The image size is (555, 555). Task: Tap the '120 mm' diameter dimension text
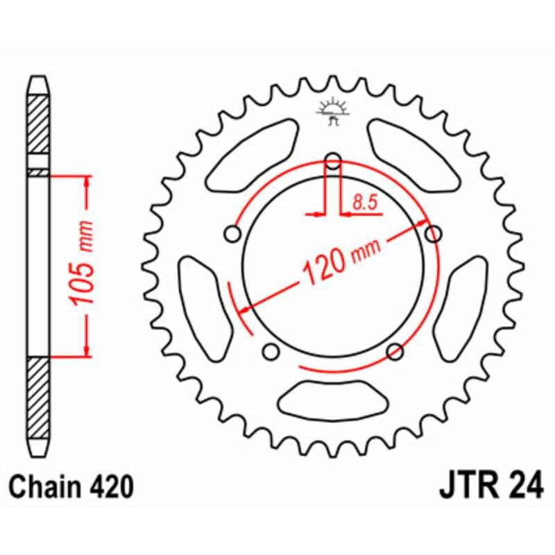[x=335, y=263]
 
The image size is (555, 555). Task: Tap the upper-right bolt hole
[x=433, y=234]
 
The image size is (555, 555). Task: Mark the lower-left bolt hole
[x=271, y=352]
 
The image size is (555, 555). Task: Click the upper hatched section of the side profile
[x=39, y=125]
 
